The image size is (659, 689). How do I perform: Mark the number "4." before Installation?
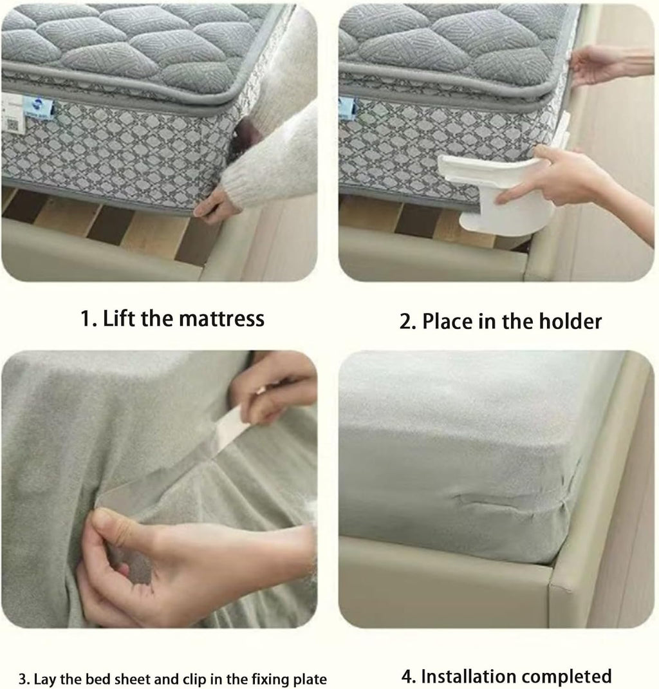(408, 676)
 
